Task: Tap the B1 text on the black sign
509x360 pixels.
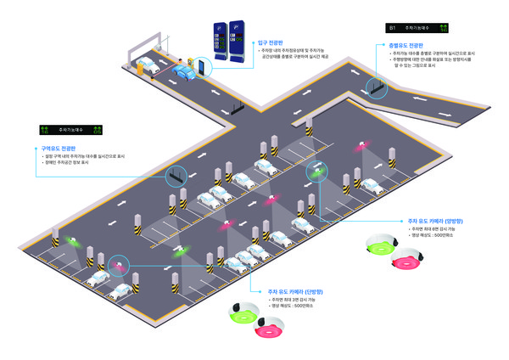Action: pyautogui.click(x=393, y=27)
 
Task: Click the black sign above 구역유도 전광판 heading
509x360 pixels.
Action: pyautogui.click(x=70, y=130)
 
